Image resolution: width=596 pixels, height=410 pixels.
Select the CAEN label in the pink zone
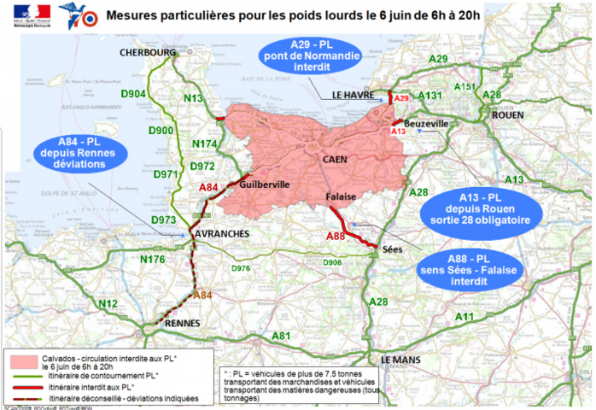336,160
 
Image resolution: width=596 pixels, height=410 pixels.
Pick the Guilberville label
266,184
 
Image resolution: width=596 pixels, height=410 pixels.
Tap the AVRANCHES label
221,233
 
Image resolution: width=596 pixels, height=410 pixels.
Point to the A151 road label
465,86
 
